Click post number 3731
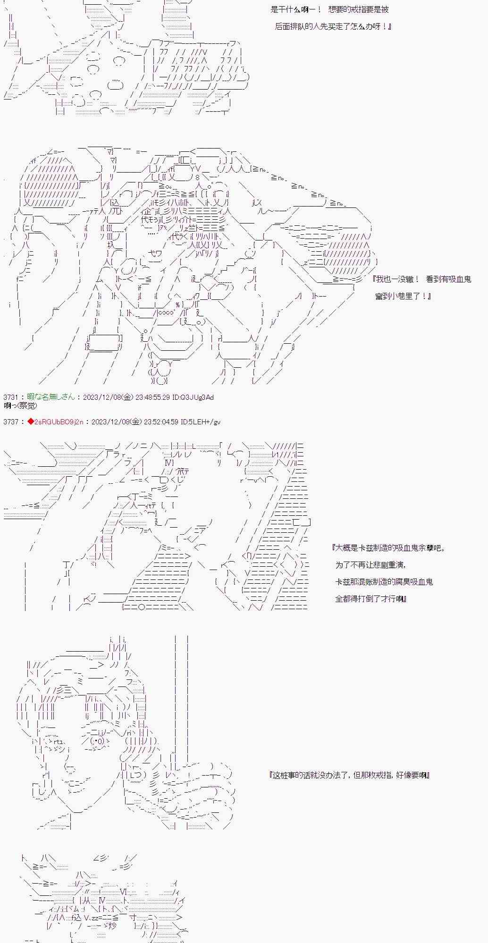click(x=11, y=397)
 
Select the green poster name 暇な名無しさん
click(x=50, y=397)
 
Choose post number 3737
click(x=11, y=422)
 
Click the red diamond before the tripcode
click(x=31, y=422)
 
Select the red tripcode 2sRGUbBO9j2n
click(x=59, y=422)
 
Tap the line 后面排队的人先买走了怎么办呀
click(x=333, y=26)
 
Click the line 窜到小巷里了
click(x=404, y=296)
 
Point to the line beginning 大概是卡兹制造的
click(x=388, y=548)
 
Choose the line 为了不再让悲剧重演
click(x=370, y=565)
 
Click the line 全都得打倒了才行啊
click(x=371, y=599)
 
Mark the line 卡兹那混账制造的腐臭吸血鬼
click(x=384, y=582)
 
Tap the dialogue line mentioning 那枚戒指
click(x=349, y=775)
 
